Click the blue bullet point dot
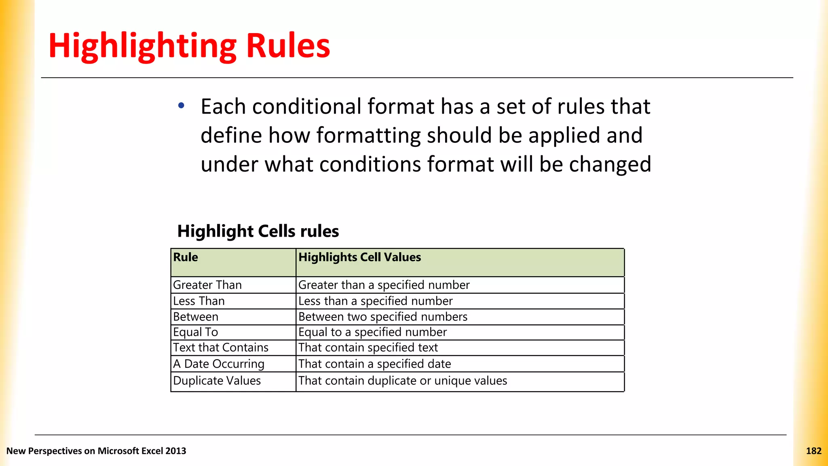[x=181, y=106]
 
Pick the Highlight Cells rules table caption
[x=258, y=231]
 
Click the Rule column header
[x=186, y=257]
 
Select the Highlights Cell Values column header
[x=359, y=257]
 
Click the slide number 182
[x=813, y=451]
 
